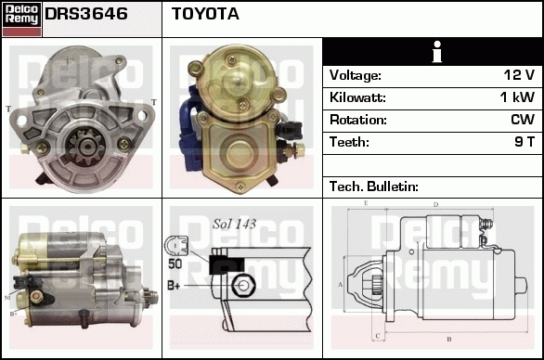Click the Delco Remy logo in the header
[21, 19]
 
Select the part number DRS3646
[86, 14]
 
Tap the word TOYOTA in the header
[205, 14]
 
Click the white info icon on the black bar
[437, 52]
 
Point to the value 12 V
[519, 75]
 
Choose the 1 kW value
[517, 97]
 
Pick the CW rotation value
[523, 120]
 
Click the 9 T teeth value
[525, 142]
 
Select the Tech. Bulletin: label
[374, 186]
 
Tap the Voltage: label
[356, 75]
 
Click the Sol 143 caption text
[234, 224]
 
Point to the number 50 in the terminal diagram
[175, 264]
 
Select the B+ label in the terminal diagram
[174, 286]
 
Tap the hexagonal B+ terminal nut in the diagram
[243, 286]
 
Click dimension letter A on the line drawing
[341, 285]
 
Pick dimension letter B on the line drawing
[449, 339]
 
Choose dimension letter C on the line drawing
[378, 336]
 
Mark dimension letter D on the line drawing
[436, 205]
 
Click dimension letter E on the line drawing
[366, 203]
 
